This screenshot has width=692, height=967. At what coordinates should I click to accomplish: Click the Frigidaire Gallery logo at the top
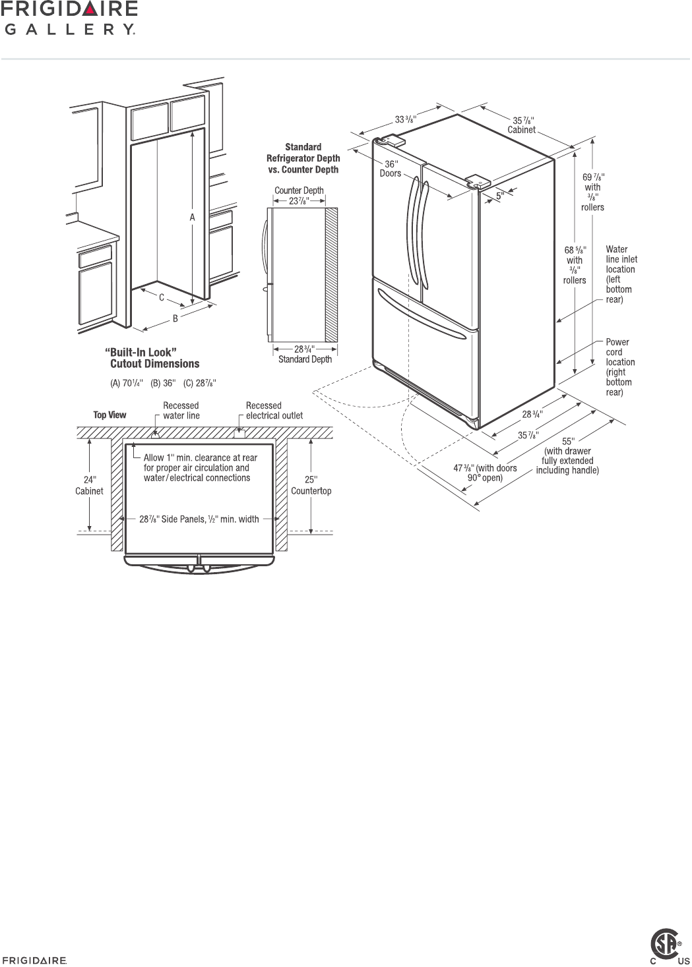(x=69, y=18)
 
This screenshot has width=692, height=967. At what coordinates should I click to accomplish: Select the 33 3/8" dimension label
(x=406, y=119)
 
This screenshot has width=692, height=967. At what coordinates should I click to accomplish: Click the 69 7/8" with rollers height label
(x=592, y=192)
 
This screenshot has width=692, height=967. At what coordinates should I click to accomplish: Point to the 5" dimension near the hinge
(x=500, y=195)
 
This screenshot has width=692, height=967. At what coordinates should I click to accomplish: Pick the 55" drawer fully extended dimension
(x=567, y=455)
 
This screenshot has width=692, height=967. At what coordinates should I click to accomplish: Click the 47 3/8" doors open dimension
(x=485, y=473)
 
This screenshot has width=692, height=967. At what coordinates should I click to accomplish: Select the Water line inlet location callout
(x=621, y=274)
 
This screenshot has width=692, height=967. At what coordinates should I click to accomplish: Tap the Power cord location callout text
(x=620, y=367)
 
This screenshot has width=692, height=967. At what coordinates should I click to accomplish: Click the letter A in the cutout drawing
(x=192, y=217)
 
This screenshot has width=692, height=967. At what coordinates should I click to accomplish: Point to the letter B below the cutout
(x=175, y=318)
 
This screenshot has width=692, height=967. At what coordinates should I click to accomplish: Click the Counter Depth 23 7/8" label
(x=299, y=196)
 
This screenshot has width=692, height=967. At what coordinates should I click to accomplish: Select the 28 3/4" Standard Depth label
(x=304, y=354)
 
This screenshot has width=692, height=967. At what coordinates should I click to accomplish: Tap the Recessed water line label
(x=181, y=411)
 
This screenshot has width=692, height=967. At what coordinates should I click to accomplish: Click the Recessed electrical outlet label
(x=274, y=411)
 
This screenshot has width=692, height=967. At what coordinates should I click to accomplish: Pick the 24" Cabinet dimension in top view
(x=89, y=485)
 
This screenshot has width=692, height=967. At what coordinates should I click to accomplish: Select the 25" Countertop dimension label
(x=311, y=485)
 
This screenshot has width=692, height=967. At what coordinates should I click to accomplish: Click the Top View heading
(x=110, y=415)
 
